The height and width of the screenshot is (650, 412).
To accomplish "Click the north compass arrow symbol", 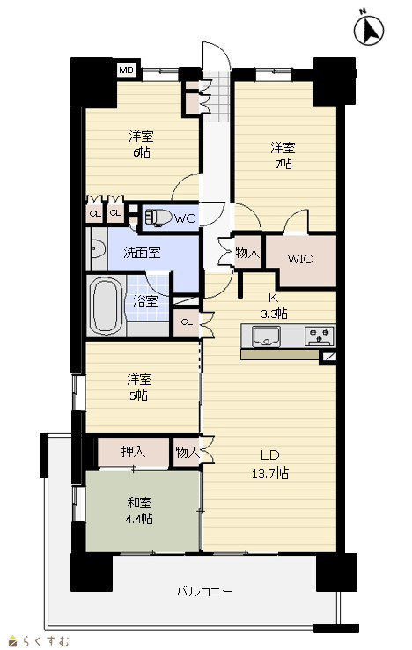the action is [x=370, y=30].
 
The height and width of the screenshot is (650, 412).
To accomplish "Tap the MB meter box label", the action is [x=126, y=70].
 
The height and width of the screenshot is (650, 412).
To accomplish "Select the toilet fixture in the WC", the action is [x=158, y=217].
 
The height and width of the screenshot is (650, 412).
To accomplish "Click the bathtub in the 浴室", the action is [x=107, y=305].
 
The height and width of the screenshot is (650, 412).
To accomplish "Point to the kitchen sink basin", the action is [x=266, y=336].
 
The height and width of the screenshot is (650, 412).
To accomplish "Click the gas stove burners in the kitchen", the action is [x=320, y=336].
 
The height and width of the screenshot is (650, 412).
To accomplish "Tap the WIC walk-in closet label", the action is [x=300, y=259].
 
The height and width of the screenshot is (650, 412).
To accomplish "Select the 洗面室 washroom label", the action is [x=142, y=253].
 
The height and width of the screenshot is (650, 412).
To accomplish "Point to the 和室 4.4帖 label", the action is [x=139, y=511].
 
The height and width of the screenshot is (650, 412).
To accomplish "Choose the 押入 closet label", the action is [x=133, y=452].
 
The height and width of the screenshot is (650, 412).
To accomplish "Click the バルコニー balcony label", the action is [x=205, y=592].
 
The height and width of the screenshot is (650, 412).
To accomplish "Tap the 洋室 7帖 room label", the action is [x=283, y=156].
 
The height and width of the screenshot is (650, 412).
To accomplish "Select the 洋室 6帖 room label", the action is [x=141, y=144].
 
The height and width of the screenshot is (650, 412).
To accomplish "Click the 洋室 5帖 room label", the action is [x=139, y=388].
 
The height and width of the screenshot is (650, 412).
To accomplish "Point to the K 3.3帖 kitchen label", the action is [x=274, y=306].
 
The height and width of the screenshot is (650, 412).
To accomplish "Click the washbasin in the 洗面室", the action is [x=98, y=249].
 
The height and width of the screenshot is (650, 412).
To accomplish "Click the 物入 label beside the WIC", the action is [x=247, y=252].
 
